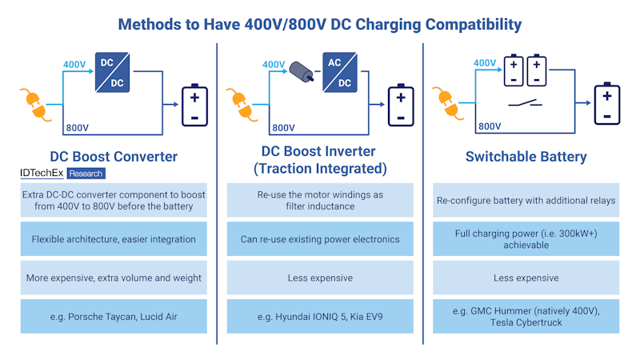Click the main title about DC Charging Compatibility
click(320, 23)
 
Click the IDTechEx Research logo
click(62, 173)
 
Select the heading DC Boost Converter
click(114, 157)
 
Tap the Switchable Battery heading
click(526, 157)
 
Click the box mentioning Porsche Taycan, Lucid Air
click(114, 316)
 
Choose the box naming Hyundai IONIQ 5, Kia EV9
click(320, 316)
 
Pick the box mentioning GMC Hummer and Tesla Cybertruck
click(526, 316)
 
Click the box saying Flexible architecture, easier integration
click(114, 238)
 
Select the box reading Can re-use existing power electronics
click(320, 238)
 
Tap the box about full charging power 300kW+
click(526, 238)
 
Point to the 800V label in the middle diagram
click(283, 126)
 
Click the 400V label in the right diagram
click(485, 63)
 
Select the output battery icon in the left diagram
click(194, 106)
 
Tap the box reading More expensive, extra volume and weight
click(114, 278)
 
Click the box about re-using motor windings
click(320, 200)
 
